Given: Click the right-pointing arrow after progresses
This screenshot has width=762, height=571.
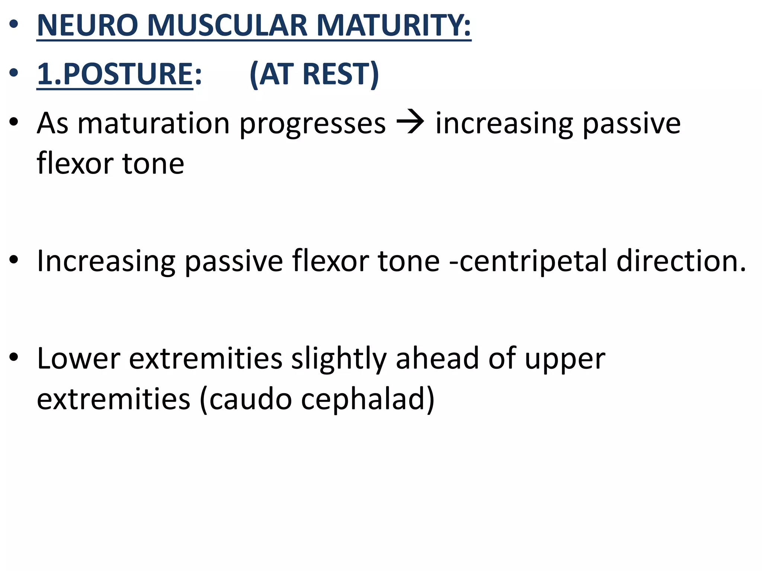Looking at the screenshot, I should (x=410, y=123).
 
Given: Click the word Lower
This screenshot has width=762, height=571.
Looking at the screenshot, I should (x=79, y=358).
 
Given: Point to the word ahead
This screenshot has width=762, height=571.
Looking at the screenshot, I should (x=437, y=358).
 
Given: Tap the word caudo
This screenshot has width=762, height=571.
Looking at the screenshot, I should (x=250, y=399).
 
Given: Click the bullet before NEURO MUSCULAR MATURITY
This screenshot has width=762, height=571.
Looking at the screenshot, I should (x=14, y=25).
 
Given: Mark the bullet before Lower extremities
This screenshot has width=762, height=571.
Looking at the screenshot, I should (x=14, y=357).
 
